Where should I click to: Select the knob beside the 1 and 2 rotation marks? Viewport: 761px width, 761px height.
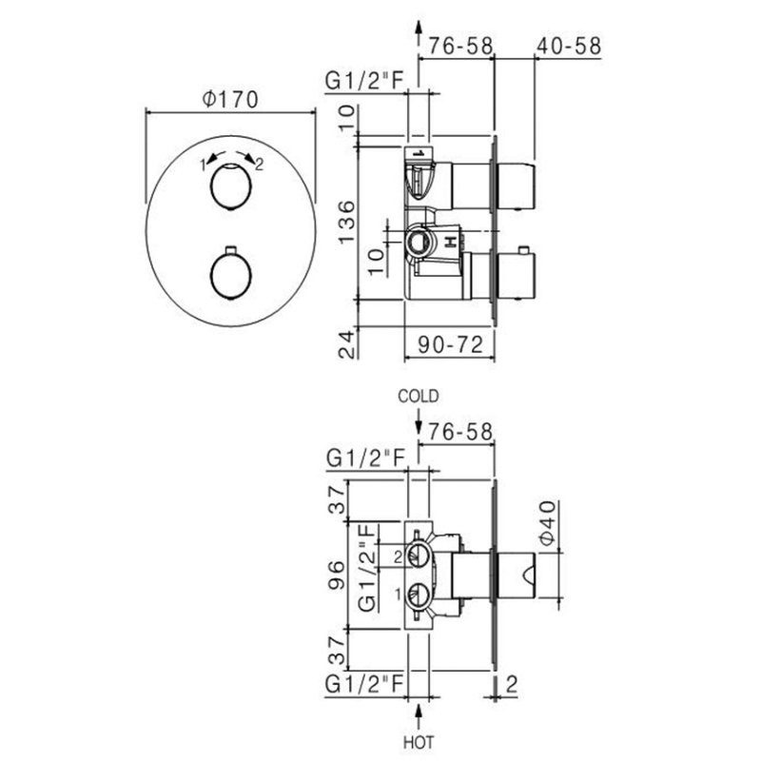point(228,185)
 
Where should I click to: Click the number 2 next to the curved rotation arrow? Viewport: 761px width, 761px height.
point(260,164)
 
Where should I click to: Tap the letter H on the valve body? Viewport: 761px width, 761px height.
point(449,244)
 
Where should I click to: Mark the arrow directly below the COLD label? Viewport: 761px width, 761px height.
point(420,416)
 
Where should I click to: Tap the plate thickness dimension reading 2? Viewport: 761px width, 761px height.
point(512,683)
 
